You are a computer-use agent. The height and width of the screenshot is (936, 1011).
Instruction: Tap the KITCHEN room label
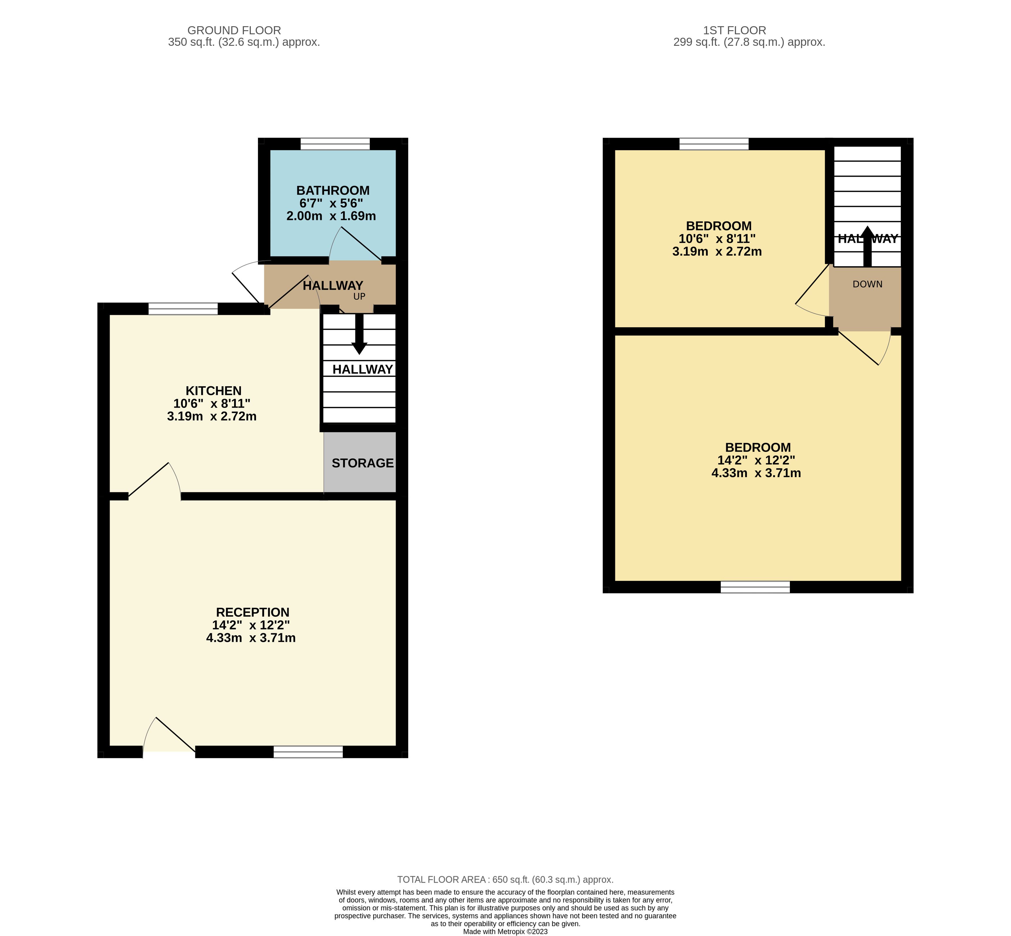[213, 391]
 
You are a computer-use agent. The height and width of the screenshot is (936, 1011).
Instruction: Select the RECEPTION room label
[252, 612]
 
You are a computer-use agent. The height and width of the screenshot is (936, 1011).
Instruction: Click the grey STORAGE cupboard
[360, 462]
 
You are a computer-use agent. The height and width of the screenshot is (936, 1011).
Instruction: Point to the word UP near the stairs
[359, 296]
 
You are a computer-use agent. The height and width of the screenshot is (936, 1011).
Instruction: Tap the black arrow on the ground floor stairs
[359, 334]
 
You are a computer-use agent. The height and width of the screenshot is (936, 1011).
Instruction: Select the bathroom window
[335, 144]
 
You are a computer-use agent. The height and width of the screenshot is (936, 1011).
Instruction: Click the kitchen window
[183, 309]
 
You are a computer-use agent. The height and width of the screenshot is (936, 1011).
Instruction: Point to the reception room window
[308, 752]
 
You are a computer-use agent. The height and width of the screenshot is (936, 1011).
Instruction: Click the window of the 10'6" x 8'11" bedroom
[713, 144]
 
